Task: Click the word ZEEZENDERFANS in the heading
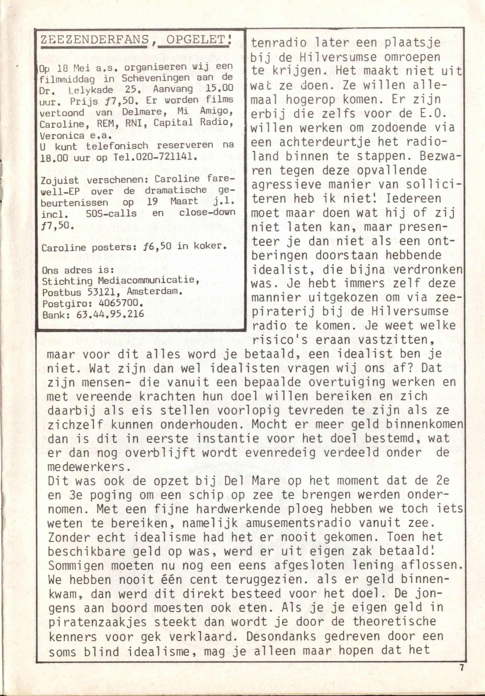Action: [95, 40]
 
